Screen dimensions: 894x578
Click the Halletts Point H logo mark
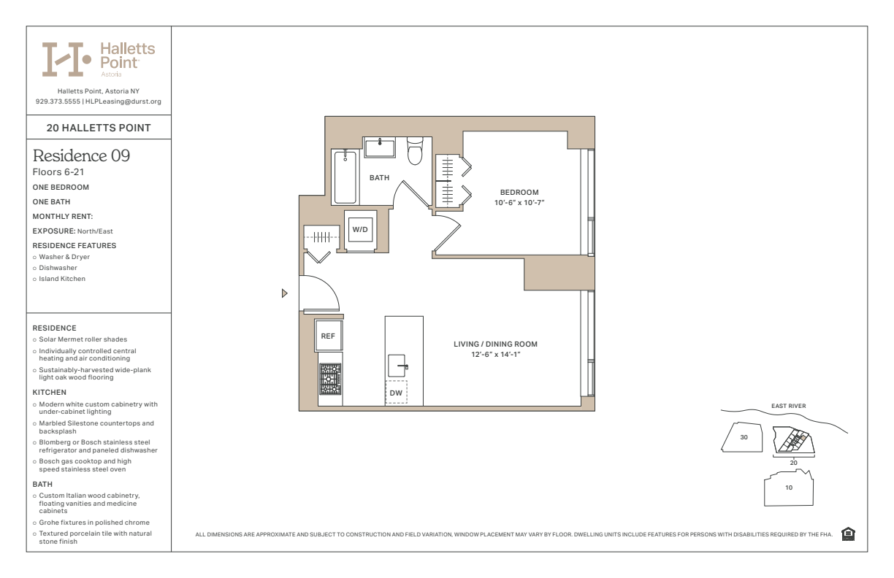click(x=66, y=59)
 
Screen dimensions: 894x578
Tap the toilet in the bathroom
click(x=415, y=151)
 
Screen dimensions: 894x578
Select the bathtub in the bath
click(x=345, y=177)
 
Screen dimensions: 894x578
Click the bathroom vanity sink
click(x=380, y=147)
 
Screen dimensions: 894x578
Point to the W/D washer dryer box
click(x=360, y=229)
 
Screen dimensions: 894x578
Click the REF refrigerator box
click(x=328, y=336)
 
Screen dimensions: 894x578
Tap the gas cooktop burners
click(x=330, y=379)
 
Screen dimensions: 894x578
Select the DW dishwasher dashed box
click(x=396, y=392)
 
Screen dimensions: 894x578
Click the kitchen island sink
click(x=397, y=366)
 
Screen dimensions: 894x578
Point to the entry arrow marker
click(x=284, y=293)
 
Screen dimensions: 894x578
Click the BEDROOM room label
click(x=519, y=192)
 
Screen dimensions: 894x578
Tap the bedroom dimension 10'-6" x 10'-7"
click(x=519, y=203)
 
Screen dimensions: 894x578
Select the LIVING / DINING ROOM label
click(x=495, y=344)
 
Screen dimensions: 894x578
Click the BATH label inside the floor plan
click(x=379, y=177)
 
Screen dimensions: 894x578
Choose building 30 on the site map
click(x=742, y=437)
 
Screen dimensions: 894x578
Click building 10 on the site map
click(x=789, y=488)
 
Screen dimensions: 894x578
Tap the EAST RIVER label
click(x=788, y=406)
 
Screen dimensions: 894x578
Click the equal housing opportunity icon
click(x=848, y=534)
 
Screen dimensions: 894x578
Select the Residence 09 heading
click(x=81, y=155)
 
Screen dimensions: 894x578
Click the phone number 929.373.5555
click(x=58, y=101)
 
